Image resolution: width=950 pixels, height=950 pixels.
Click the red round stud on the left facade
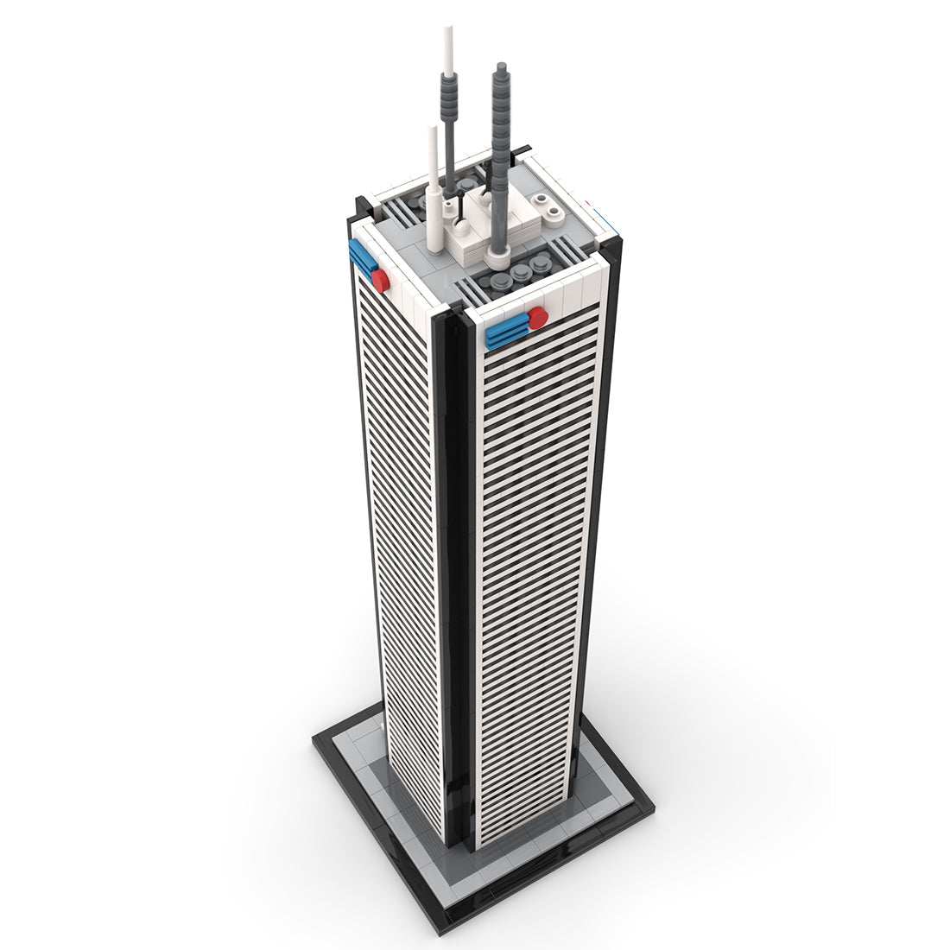tap(380, 279)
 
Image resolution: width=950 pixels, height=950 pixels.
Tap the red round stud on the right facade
tap(538, 318)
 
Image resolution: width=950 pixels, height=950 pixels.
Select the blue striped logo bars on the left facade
tap(361, 257)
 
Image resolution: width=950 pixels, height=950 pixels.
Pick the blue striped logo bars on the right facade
tap(507, 331)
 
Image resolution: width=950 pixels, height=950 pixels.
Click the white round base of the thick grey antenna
tap(497, 257)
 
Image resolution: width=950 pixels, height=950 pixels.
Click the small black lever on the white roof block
tap(463, 206)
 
